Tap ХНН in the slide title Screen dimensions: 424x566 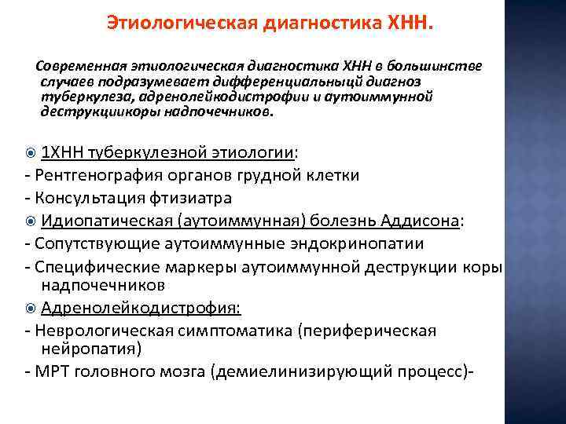411,24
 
